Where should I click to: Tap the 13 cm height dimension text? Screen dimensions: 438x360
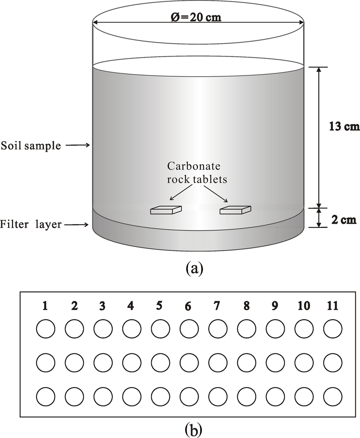pyautogui.click(x=344, y=127)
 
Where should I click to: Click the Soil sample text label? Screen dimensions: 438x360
pyautogui.click(x=31, y=146)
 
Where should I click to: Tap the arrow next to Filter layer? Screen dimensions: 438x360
pyautogui.click(x=78, y=225)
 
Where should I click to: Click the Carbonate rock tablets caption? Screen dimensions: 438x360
pyautogui.click(x=197, y=172)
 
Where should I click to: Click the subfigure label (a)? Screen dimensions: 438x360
pyautogui.click(x=195, y=268)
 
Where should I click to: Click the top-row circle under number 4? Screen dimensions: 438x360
pyautogui.click(x=132, y=329)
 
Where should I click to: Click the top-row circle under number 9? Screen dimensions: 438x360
pyautogui.click(x=275, y=329)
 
